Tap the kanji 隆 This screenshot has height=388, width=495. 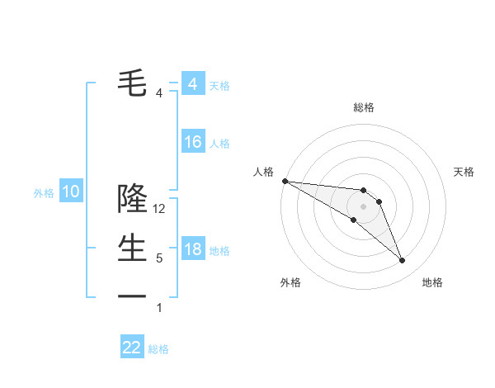(x=132, y=199)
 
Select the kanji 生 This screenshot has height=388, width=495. (x=132, y=247)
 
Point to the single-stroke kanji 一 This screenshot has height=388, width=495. (x=132, y=296)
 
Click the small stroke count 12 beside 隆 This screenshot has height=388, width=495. (x=160, y=210)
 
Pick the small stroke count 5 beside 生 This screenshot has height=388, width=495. (x=159, y=258)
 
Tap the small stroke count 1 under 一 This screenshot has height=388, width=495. (x=159, y=308)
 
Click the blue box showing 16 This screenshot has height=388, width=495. (x=192, y=142)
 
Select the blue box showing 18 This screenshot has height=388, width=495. (x=192, y=249)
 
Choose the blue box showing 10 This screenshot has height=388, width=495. (x=71, y=192)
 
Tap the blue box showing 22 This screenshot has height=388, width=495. (x=132, y=348)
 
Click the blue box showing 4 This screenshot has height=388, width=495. (x=192, y=84)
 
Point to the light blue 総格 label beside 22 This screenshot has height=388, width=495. (x=158, y=349)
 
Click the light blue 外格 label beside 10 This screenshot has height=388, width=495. (x=44, y=194)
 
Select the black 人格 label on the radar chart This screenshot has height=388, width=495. (x=263, y=172)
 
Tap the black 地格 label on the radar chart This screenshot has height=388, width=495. (x=432, y=282)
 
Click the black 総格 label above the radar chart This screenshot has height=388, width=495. (x=364, y=107)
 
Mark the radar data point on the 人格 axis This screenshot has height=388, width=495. (x=285, y=181)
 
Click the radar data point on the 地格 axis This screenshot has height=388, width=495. (x=402, y=261)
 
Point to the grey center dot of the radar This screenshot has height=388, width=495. (x=364, y=206)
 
